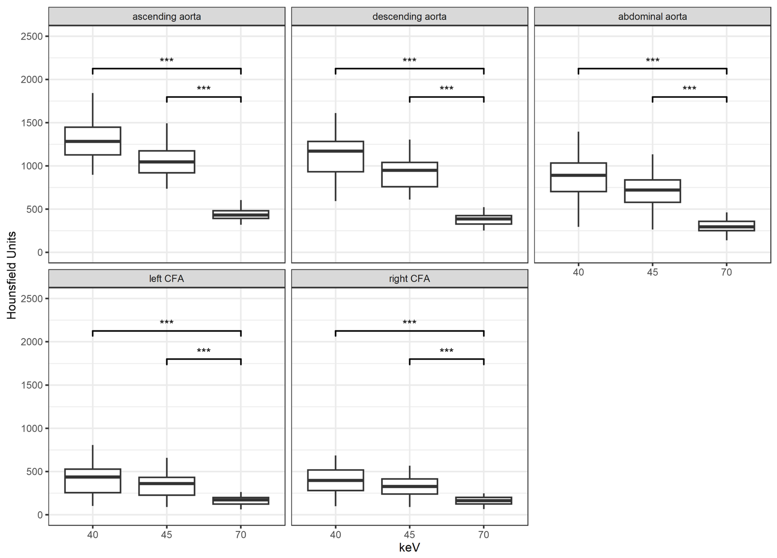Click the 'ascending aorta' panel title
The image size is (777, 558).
tap(167, 16)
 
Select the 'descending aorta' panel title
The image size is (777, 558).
tap(409, 16)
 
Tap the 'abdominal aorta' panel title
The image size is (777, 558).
tap(652, 16)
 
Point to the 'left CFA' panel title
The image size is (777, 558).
tap(167, 278)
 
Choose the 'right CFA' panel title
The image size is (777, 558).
tap(409, 278)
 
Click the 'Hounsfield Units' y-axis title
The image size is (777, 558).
tap(12, 275)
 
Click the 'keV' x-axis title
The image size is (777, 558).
tap(409, 547)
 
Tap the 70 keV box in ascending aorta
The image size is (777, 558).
tap(241, 214)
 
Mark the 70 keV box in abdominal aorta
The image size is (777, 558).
tap(727, 226)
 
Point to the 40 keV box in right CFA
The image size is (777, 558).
tap(336, 480)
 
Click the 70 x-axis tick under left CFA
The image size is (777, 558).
tap(241, 535)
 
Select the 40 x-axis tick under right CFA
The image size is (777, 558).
tap(336, 535)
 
